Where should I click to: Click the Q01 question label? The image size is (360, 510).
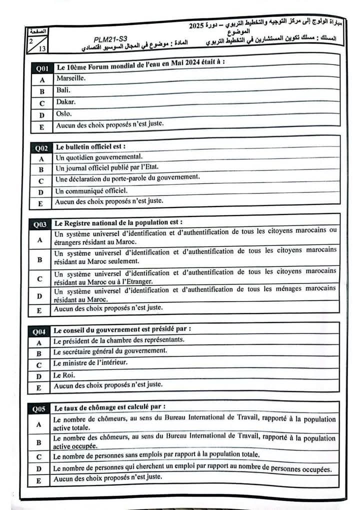41,68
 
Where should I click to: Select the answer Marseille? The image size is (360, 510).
71,78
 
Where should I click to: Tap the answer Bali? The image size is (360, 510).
63,90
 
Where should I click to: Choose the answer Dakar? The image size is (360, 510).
66,102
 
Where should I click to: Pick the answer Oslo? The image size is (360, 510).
64,114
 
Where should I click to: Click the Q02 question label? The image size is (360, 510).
41,148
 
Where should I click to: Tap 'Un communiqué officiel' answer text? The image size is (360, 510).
91,191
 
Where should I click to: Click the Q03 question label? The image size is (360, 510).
40,225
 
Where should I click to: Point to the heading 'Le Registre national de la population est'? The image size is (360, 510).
118,222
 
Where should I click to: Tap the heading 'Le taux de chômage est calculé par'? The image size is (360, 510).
110,407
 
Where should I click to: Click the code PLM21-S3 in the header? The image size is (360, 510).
110,39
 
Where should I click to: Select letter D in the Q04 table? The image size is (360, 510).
38,376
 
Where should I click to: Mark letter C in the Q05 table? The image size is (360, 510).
38,456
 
